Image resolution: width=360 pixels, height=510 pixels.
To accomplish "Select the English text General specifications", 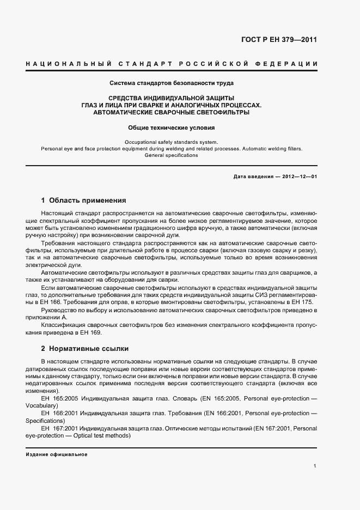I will [172, 155].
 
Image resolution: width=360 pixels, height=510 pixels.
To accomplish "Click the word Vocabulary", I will [41, 406].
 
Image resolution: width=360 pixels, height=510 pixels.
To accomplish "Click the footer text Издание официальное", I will [57, 454].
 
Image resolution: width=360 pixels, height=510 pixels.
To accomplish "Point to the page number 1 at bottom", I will [315, 465].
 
